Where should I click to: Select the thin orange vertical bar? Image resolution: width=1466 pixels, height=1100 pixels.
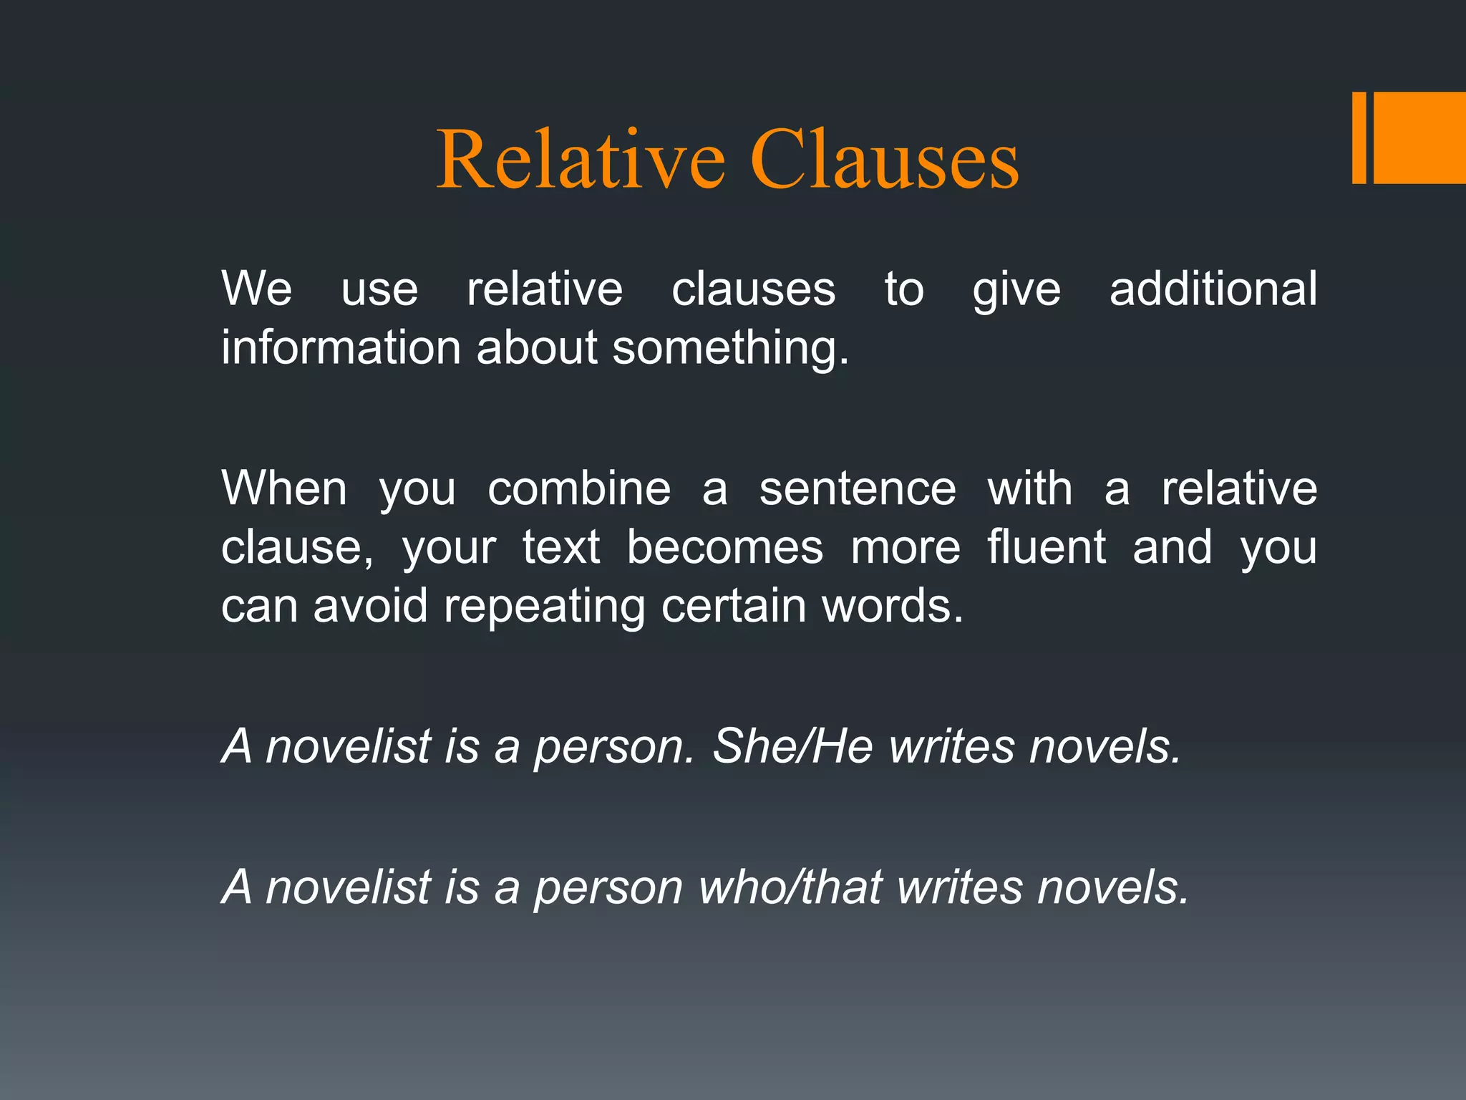click(1359, 137)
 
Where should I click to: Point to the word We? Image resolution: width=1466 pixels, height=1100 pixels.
click(256, 289)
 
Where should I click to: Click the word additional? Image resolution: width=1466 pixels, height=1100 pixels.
click(1213, 289)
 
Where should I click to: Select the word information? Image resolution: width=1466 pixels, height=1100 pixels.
click(341, 347)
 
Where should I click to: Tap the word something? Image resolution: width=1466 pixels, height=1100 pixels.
click(730, 349)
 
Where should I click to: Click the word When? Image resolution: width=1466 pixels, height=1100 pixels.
click(284, 488)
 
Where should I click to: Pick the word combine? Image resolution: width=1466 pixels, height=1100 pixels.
click(579, 488)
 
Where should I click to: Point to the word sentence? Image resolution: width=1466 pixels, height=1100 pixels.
click(858, 488)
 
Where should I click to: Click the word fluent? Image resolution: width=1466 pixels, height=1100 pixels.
click(1047, 547)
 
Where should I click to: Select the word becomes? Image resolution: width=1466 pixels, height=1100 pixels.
click(725, 547)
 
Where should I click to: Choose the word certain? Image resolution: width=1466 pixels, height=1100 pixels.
click(733, 606)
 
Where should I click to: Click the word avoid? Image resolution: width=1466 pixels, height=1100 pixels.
click(370, 606)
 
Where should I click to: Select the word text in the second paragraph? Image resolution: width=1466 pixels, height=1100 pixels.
click(560, 547)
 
